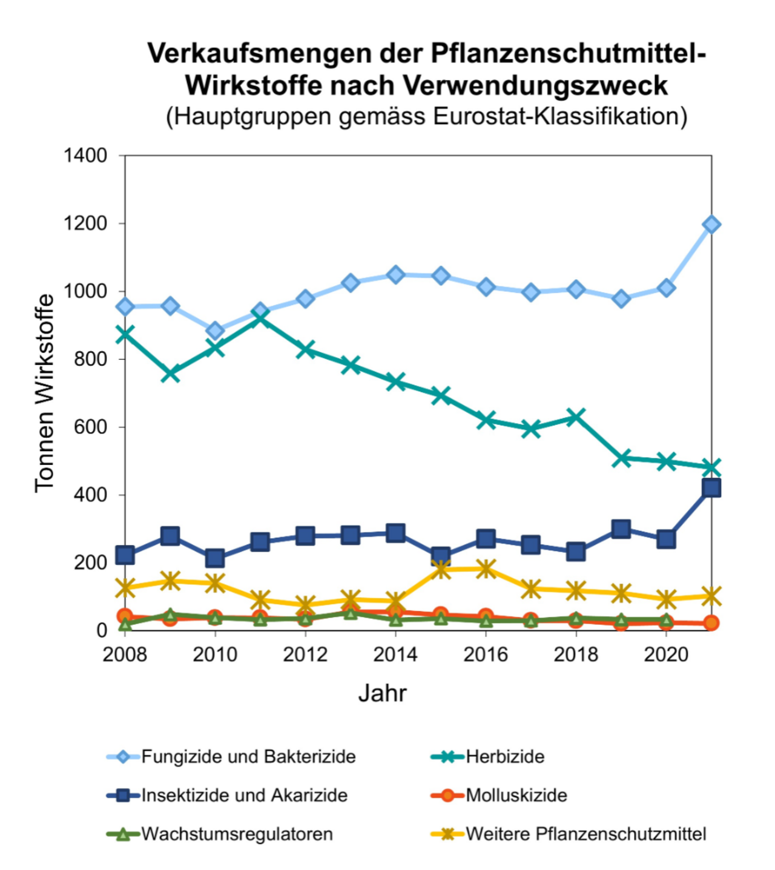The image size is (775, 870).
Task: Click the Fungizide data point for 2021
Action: click(711, 225)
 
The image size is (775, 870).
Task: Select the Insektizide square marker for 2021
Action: click(711, 488)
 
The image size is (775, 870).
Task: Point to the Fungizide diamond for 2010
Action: click(216, 331)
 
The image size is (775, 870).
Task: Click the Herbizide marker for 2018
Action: click(576, 417)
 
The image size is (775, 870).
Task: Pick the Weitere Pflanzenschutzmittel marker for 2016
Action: click(486, 568)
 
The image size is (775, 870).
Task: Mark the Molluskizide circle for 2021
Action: click(711, 623)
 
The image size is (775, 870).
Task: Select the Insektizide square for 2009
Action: click(170, 536)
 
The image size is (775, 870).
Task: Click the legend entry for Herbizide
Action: click(504, 757)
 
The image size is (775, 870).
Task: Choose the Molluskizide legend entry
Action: click(516, 796)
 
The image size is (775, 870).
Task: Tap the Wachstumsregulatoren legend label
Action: click(237, 834)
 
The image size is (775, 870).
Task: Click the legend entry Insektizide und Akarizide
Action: click(244, 796)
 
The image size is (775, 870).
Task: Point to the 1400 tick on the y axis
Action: click(85, 156)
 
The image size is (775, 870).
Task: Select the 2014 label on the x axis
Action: click(395, 654)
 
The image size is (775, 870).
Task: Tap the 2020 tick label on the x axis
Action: click(666, 654)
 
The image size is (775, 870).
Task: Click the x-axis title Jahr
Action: click(382, 693)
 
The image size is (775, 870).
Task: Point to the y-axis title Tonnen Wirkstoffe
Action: click(45, 393)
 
